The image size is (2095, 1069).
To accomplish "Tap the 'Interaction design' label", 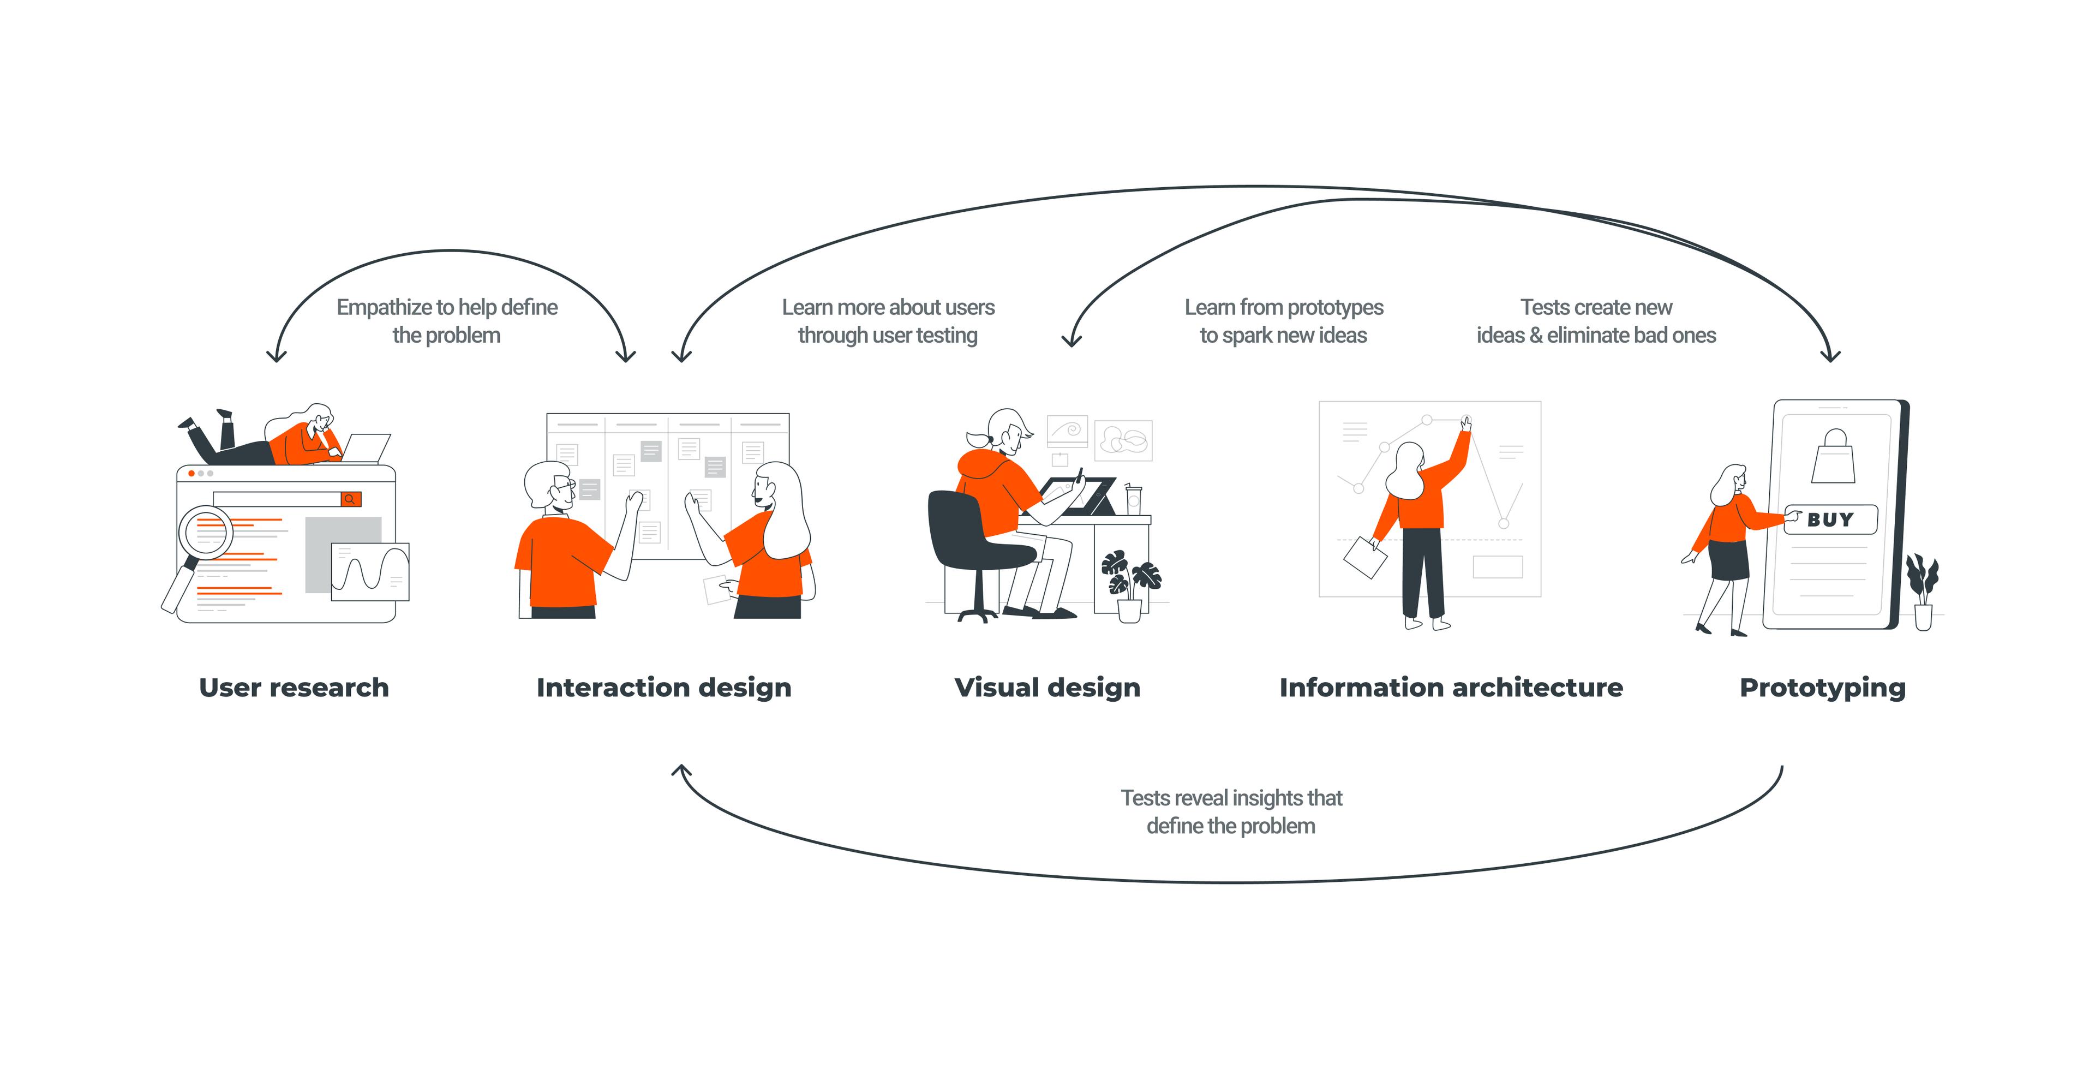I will pyautogui.click(x=663, y=688).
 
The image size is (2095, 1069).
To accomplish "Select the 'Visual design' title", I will pyautogui.click(x=1047, y=688).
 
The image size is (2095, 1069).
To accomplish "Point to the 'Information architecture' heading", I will pyautogui.click(x=1451, y=688).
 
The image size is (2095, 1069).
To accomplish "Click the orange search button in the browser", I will pyautogui.click(x=350, y=499).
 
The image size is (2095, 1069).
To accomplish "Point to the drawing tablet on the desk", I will pyautogui.click(x=1078, y=494).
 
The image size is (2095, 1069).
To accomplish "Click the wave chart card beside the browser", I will pyautogui.click(x=370, y=571).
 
